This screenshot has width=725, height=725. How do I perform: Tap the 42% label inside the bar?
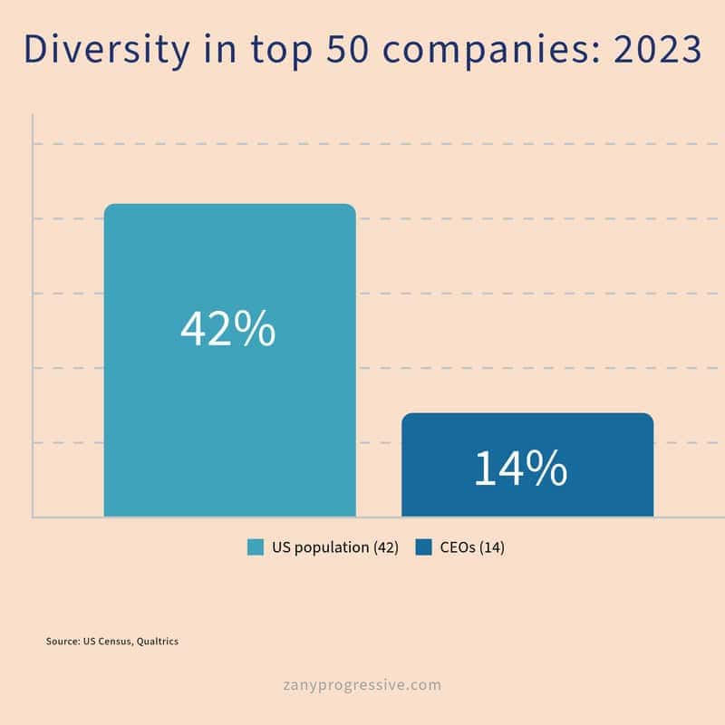(227, 329)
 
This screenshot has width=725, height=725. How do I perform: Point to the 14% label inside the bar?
(520, 469)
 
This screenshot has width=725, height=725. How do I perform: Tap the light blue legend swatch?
(256, 547)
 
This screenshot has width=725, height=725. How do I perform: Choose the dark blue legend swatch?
(423, 547)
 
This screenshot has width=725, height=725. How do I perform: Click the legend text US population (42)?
(335, 547)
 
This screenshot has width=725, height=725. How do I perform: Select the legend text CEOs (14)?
(472, 547)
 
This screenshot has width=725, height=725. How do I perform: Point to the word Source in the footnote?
(62, 642)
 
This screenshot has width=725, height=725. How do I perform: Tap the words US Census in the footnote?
(105, 642)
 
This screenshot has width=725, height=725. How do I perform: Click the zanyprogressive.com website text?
(362, 684)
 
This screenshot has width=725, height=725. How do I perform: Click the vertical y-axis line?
(33, 317)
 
